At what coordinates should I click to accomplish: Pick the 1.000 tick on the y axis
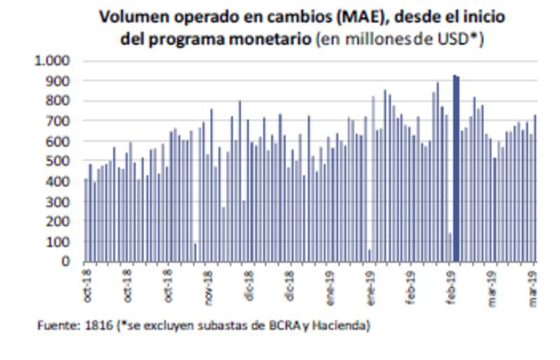tap(52, 61)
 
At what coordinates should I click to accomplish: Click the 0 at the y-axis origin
tap(66, 262)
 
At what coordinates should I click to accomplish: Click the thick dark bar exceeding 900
tap(456, 168)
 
